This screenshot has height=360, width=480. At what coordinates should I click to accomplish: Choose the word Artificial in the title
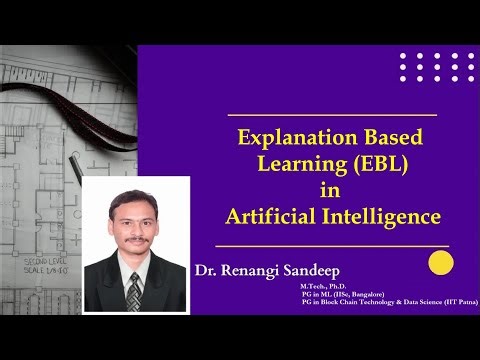pos(271,214)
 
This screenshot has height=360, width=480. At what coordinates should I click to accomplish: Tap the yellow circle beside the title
pos(440,263)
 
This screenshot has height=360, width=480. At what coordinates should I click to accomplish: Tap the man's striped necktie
pos(134,290)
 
